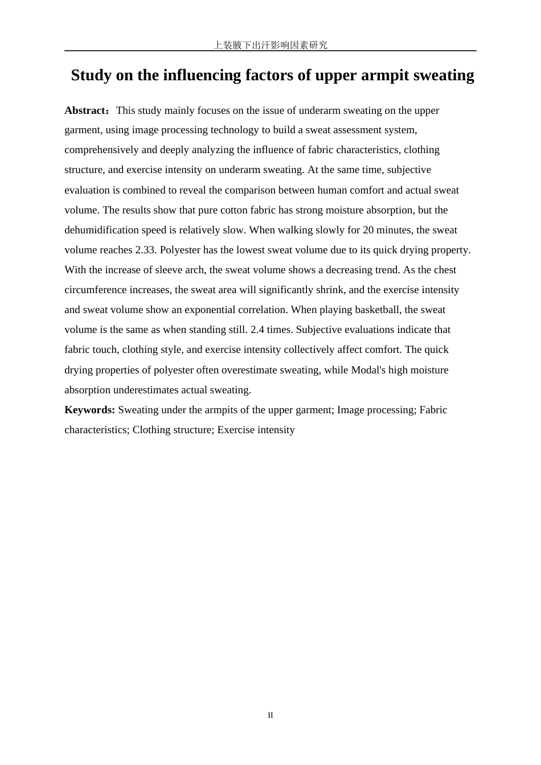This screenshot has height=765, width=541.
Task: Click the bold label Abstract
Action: [x=86, y=110]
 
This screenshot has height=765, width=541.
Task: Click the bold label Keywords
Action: [x=89, y=410]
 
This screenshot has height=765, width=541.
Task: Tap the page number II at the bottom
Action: [x=270, y=715]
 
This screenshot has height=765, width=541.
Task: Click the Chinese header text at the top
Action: [x=270, y=45]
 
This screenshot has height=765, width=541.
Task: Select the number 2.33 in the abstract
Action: [x=145, y=250]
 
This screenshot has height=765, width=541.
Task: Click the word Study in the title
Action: [x=91, y=75]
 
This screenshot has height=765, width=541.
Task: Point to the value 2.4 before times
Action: [x=257, y=330]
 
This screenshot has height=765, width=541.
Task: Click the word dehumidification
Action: [x=103, y=230]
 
